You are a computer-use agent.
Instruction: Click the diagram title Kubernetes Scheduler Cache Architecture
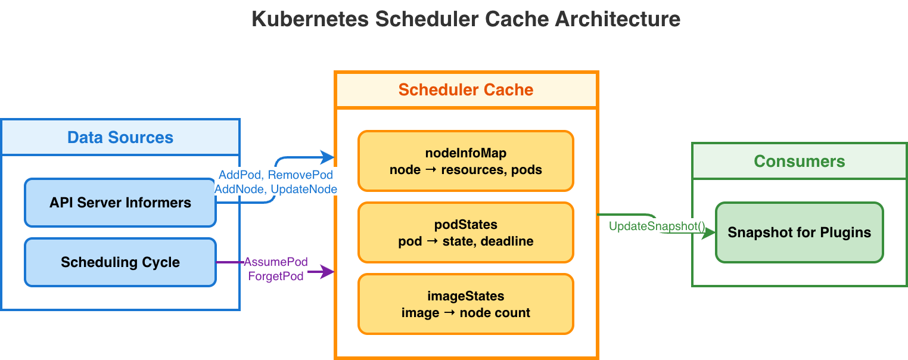point(465,19)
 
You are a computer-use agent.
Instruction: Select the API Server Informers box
point(120,203)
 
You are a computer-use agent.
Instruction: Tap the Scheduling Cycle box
point(120,262)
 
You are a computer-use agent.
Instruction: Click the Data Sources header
point(120,138)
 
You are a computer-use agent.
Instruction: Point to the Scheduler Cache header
point(466,90)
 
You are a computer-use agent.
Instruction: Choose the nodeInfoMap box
point(466,161)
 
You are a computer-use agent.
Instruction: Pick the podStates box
point(466,232)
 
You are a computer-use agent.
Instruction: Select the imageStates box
point(466,304)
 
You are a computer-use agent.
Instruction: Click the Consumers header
point(799,162)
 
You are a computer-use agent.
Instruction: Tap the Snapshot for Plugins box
point(799,232)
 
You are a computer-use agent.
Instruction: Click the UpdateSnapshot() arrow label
point(657,226)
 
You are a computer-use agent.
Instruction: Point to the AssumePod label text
point(276,262)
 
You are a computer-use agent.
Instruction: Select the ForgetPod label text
point(276,277)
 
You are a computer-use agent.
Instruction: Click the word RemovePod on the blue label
point(300,175)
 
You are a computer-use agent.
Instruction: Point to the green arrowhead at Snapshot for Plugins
point(709,233)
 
